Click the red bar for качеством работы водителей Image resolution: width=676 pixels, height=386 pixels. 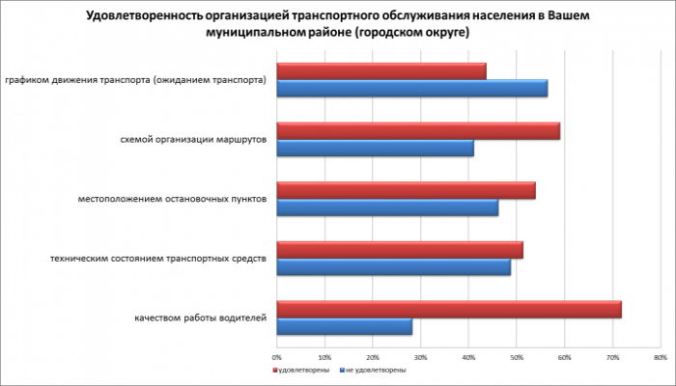pos(449,310)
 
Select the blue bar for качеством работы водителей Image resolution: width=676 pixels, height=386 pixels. pos(345,326)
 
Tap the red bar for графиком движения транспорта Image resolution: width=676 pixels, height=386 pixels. pos(381,71)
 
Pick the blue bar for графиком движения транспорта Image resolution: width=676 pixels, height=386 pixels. pos(412,88)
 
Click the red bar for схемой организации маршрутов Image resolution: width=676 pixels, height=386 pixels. pos(418,131)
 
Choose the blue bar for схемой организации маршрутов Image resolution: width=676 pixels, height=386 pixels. pos(376,148)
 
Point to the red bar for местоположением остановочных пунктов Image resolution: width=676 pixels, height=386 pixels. pos(406,191)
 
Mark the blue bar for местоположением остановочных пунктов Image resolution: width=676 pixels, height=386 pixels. pos(387,207)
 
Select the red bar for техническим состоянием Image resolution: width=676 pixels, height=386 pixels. pos(400,250)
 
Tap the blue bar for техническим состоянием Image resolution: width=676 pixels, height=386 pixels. pos(394,266)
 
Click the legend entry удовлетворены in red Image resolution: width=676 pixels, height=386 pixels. pos(303,370)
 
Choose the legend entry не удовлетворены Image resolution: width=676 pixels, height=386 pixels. pos(375,370)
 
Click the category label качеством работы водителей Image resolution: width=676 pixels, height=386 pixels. pos(201,318)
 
